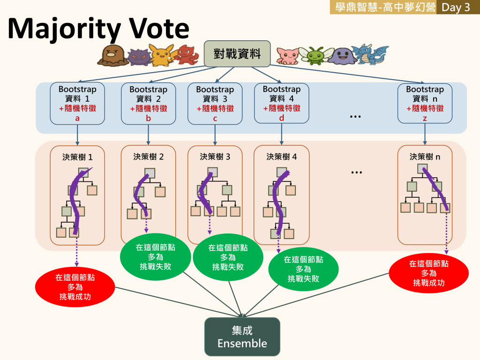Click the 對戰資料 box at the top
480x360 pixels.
tap(237, 54)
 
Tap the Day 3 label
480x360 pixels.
tap(456, 7)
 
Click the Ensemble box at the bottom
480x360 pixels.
tap(242, 337)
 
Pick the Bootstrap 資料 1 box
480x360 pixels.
tap(77, 104)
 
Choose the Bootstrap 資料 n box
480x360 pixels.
tap(425, 104)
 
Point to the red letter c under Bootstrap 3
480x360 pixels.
tap(215, 119)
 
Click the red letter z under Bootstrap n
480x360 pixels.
tap(425, 119)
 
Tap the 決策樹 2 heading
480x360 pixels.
tap(149, 157)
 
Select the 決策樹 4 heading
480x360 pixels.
tap(282, 157)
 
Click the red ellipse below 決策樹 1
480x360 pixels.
tap(75, 287)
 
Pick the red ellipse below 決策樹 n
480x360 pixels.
tap(428, 273)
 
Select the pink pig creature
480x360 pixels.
tap(287, 56)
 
